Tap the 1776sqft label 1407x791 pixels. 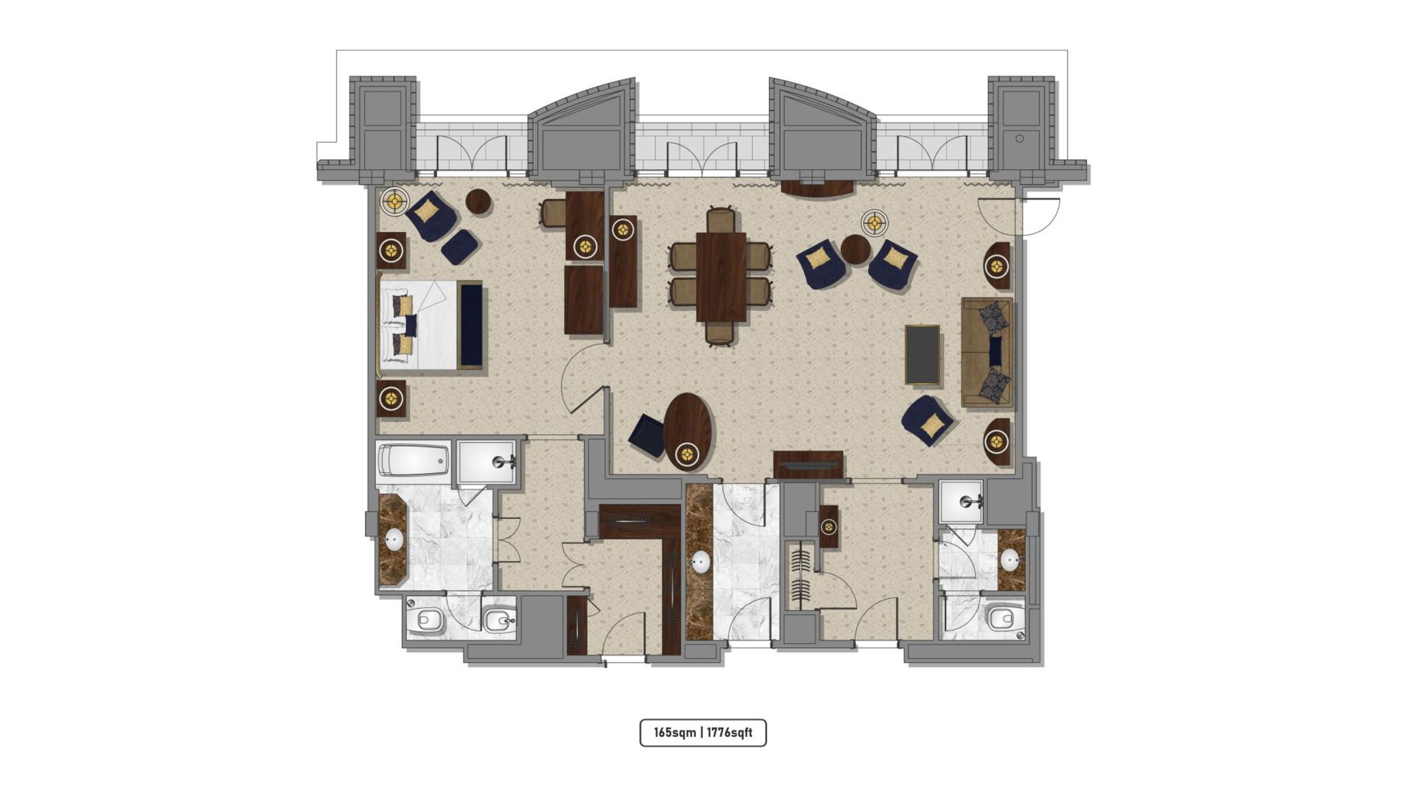click(729, 733)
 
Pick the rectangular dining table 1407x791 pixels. click(721, 277)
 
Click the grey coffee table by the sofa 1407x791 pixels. click(922, 354)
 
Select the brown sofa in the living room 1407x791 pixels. click(987, 353)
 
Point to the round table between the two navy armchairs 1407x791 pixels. click(855, 249)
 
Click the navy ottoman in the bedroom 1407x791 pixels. click(460, 247)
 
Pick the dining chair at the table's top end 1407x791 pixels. click(721, 220)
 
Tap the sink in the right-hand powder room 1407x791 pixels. click(1009, 560)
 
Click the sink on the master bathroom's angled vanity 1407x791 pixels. click(394, 540)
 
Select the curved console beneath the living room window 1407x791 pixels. click(818, 188)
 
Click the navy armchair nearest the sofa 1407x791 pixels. click(927, 420)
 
